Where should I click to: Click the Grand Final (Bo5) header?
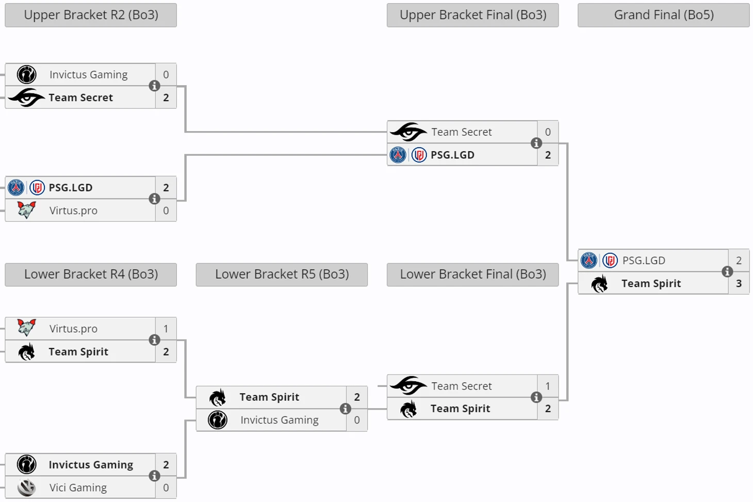pyautogui.click(x=663, y=15)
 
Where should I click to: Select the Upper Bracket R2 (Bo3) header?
pyautogui.click(x=91, y=15)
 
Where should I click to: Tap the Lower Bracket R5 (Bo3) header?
pyautogui.click(x=282, y=274)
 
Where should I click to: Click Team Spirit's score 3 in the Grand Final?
pyautogui.click(x=739, y=283)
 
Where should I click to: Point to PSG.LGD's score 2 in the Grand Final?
pyautogui.click(x=739, y=261)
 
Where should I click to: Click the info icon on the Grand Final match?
pyautogui.click(x=727, y=272)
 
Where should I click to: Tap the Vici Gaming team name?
pyautogui.click(x=78, y=488)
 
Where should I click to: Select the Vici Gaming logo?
pyautogui.click(x=26, y=488)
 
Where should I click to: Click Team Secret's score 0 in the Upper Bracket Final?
pyautogui.click(x=548, y=132)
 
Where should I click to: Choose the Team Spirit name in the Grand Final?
pyautogui.click(x=651, y=283)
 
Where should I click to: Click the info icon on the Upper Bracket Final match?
pyautogui.click(x=536, y=143)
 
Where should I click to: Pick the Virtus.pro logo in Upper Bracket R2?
pyautogui.click(x=26, y=210)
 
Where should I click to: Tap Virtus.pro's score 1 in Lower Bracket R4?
pyautogui.click(x=166, y=329)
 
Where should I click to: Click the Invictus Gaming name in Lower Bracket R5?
pyautogui.click(x=279, y=420)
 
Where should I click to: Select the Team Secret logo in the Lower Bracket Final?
pyautogui.click(x=408, y=385)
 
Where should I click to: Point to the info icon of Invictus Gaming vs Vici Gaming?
pyautogui.click(x=154, y=476)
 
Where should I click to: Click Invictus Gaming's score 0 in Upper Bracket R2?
pyautogui.click(x=166, y=75)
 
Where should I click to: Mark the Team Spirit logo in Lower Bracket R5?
pyautogui.click(x=218, y=397)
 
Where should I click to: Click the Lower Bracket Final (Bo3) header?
pyautogui.click(x=472, y=274)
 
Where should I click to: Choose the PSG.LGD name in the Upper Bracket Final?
pyautogui.click(x=452, y=155)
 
